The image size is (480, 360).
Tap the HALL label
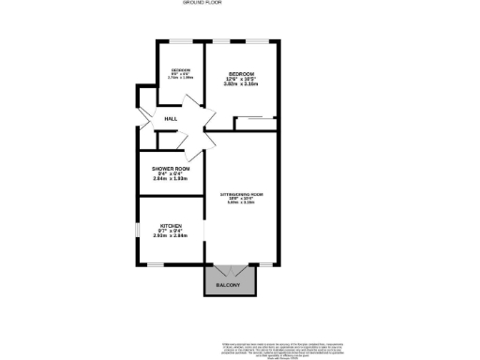171,119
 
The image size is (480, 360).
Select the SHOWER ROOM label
171,169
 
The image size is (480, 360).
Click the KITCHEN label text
171,226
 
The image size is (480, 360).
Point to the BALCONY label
229,284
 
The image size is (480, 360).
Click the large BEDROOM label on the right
242,74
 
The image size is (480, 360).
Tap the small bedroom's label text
181,72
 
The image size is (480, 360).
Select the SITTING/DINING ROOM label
242,195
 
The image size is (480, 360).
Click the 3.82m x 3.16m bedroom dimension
242,84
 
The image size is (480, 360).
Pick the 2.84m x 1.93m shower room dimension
171,178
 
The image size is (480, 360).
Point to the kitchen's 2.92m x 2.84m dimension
171,235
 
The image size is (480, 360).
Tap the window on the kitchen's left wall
139,229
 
